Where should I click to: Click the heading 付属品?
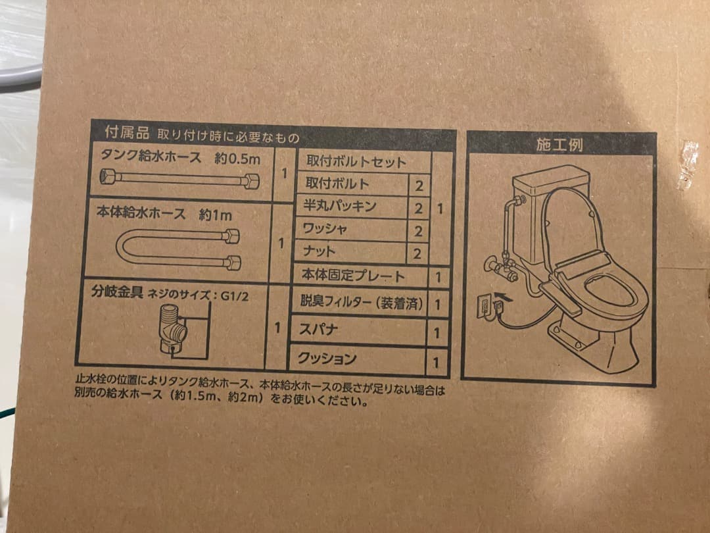(x=122, y=132)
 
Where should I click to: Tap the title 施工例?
(x=559, y=145)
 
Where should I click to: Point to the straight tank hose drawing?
(x=178, y=179)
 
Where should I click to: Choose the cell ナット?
(x=319, y=251)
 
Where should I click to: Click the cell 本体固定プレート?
(x=353, y=276)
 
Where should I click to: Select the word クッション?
(x=327, y=359)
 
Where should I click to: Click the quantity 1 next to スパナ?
(x=437, y=332)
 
